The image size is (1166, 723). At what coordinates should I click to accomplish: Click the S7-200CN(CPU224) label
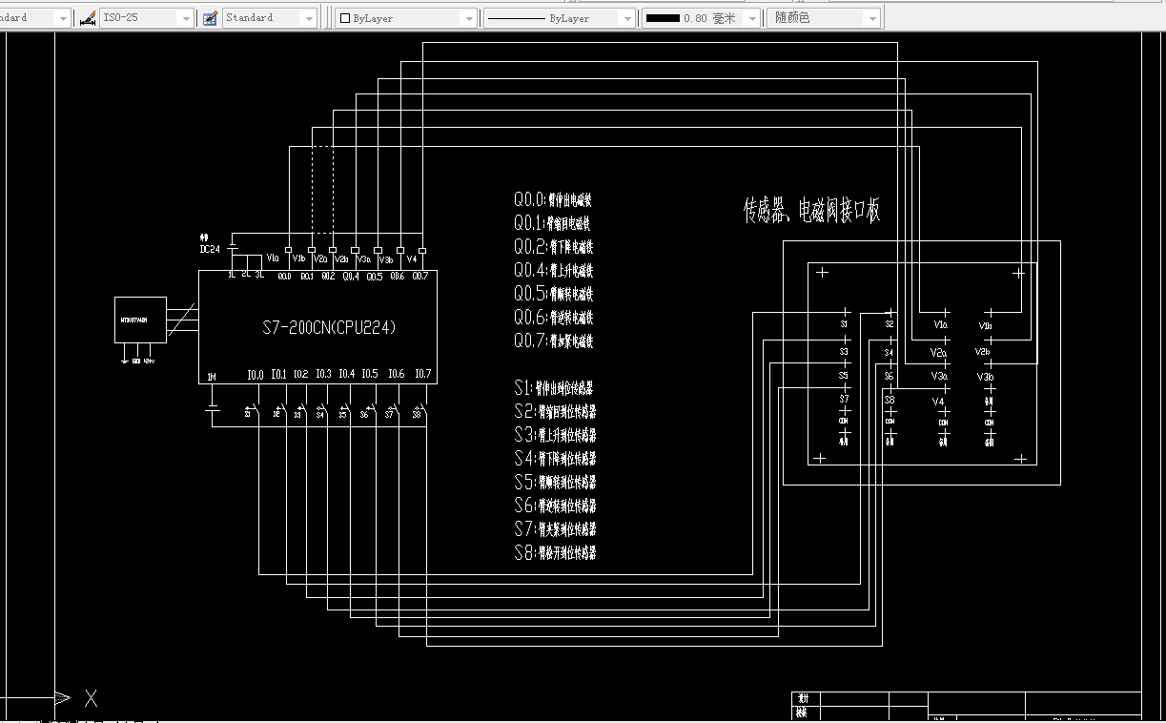coord(329,327)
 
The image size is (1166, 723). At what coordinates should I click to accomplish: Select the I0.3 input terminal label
coord(323,374)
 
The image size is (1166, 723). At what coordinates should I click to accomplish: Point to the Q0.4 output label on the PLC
coord(351,277)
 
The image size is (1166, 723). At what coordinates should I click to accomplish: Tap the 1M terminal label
coord(211,378)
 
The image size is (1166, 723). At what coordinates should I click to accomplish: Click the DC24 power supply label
coord(210,249)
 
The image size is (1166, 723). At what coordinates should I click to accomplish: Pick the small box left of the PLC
coord(140,320)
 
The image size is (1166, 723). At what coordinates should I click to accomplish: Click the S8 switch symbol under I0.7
coord(417,414)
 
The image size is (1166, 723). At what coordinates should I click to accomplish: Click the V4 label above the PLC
coord(412,258)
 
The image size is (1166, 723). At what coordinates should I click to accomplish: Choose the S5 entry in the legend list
coord(554,482)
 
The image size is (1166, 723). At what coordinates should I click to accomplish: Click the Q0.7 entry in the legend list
coord(553,341)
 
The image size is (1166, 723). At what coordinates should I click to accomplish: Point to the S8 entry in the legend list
coord(554,552)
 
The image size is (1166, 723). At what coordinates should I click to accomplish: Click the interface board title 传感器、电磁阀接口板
coord(811,210)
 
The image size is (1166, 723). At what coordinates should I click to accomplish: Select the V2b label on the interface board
coord(982,352)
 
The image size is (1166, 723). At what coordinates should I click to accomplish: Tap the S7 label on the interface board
coord(844,399)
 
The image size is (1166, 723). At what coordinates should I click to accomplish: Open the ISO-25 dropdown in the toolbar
coord(147,18)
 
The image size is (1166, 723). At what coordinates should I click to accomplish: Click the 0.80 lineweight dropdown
coord(701,18)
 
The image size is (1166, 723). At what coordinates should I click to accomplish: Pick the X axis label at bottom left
coord(91,699)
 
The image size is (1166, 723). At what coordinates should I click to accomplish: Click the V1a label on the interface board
coord(940,325)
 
